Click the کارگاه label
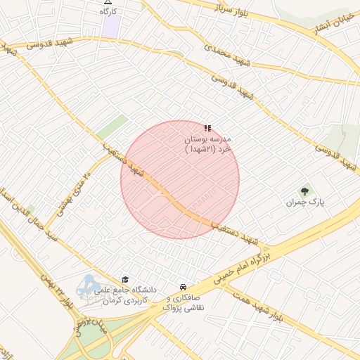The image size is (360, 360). pyautogui.click(x=108, y=12)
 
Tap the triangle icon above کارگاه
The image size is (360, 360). pyautogui.click(x=108, y=2)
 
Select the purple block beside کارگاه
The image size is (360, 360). pyautogui.click(x=110, y=27)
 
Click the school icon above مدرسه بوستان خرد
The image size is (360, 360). pyautogui.click(x=207, y=128)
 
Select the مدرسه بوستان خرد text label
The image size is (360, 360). pyautogui.click(x=207, y=144)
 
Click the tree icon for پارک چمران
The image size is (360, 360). pyautogui.click(x=305, y=190)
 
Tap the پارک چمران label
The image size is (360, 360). pyautogui.click(x=305, y=202)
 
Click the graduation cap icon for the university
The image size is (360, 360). pyautogui.click(x=125, y=279)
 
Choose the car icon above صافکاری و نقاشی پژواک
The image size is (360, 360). pyautogui.click(x=183, y=288)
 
